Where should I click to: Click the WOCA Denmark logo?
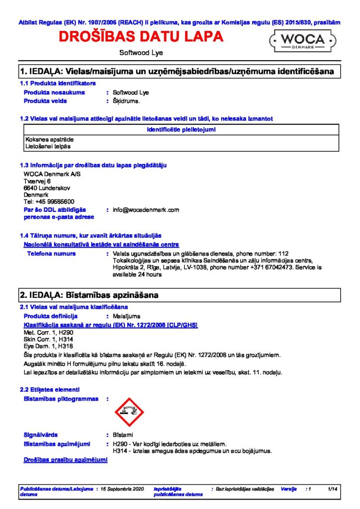[x=304, y=40]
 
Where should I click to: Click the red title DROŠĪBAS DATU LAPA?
[x=141, y=37]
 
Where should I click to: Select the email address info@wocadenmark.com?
[x=146, y=210]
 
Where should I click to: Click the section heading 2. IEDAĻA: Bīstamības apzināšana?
[x=89, y=295]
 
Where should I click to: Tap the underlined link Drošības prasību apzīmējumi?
[x=66, y=460]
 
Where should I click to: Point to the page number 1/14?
[x=333, y=489]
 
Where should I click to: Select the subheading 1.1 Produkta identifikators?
[x=58, y=83]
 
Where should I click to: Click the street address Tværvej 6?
[x=37, y=181]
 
